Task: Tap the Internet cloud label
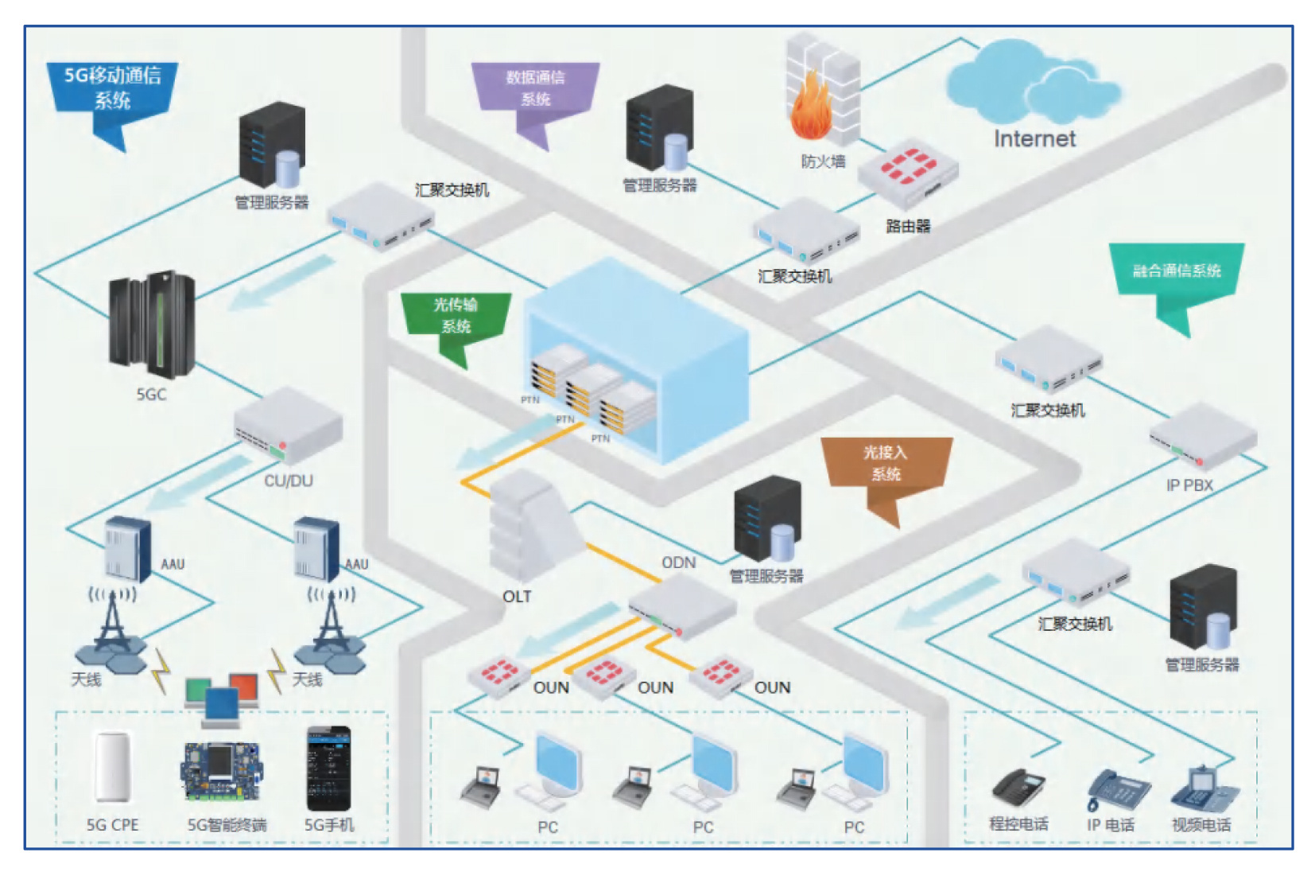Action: click(x=1034, y=139)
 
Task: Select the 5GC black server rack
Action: click(x=152, y=324)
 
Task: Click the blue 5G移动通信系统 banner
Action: click(x=112, y=88)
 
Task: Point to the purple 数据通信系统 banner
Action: click(x=535, y=88)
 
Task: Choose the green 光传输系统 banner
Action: click(x=456, y=316)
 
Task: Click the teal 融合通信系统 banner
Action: click(x=1176, y=271)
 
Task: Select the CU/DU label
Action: click(x=288, y=481)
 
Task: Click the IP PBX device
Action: click(x=1202, y=436)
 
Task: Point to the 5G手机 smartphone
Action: click(x=328, y=769)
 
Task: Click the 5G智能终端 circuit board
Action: click(x=221, y=770)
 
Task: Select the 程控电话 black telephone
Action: click(x=1018, y=788)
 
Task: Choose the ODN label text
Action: click(x=678, y=563)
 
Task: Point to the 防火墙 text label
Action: click(x=823, y=162)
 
